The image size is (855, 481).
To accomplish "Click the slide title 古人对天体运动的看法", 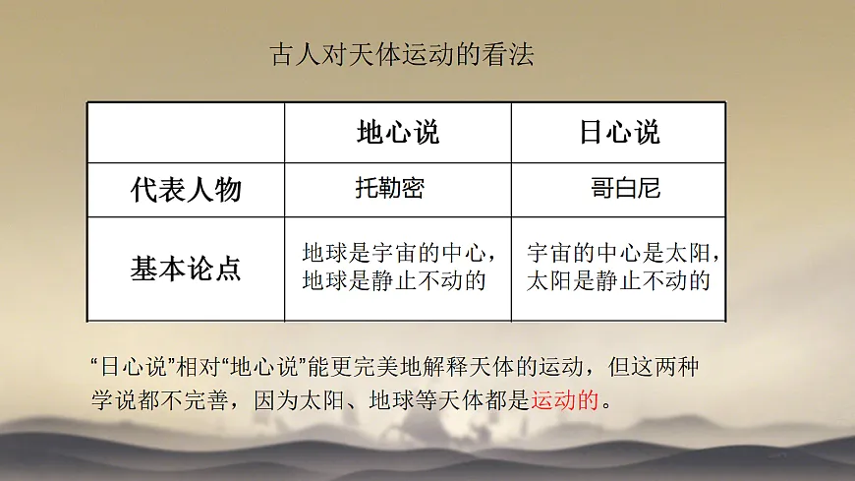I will [401, 55].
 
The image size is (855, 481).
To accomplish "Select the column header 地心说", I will [397, 133].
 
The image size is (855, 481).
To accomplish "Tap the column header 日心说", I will [619, 133].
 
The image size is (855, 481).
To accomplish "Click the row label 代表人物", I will [186, 190].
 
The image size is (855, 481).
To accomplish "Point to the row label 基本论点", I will [186, 269].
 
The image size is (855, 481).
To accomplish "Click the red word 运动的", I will [565, 400].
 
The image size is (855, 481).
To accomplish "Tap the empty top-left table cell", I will [186, 133].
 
